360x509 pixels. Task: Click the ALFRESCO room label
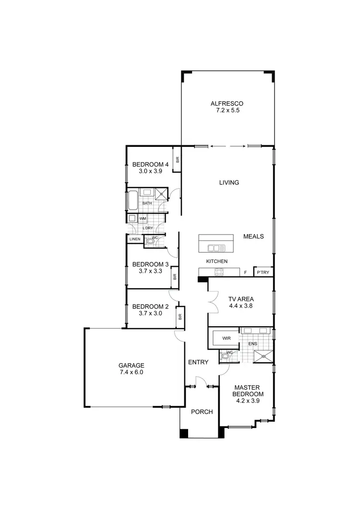pyautogui.click(x=228, y=103)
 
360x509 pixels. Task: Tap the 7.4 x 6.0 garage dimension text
pyautogui.click(x=132, y=372)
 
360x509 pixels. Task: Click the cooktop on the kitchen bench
pyautogui.click(x=219, y=272)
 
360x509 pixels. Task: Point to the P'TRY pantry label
pyautogui.click(x=263, y=272)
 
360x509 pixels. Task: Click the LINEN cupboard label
pyautogui.click(x=134, y=239)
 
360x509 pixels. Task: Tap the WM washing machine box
pyautogui.click(x=143, y=219)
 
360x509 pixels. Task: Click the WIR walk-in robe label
pyautogui.click(x=227, y=338)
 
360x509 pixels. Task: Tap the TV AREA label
pyautogui.click(x=240, y=298)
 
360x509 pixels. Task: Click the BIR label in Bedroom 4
pyautogui.click(x=177, y=160)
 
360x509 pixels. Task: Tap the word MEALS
pyautogui.click(x=254, y=237)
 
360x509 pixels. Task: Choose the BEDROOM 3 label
pyautogui.click(x=150, y=264)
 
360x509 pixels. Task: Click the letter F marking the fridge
pyautogui.click(x=245, y=272)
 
